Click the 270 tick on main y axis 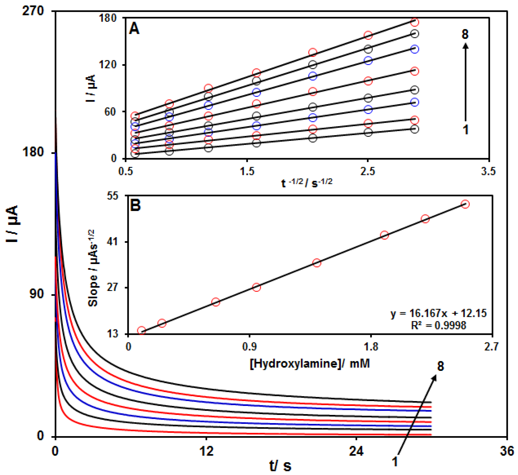33,11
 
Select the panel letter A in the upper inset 134,28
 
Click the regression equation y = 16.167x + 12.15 439,313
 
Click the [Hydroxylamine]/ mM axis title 310,364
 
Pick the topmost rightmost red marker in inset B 465,204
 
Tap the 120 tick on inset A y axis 108,65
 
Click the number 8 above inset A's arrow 465,34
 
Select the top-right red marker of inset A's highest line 414,22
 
